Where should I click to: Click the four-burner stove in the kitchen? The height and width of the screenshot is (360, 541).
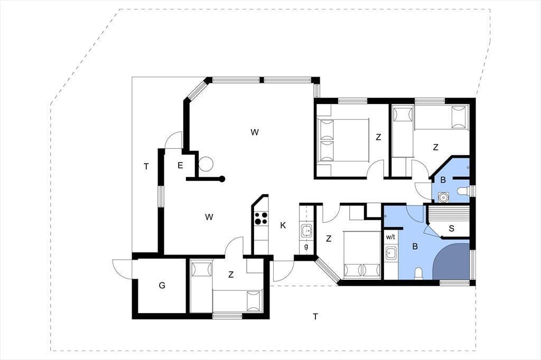pyautogui.click(x=261, y=218)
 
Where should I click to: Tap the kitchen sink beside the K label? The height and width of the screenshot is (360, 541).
pyautogui.click(x=306, y=231)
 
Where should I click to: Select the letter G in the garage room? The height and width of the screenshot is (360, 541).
pyautogui.click(x=162, y=286)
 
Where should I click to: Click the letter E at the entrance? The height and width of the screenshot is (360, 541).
pyautogui.click(x=180, y=166)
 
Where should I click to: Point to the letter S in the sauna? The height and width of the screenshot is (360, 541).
pyautogui.click(x=451, y=228)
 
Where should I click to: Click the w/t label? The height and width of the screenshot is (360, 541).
pyautogui.click(x=390, y=237)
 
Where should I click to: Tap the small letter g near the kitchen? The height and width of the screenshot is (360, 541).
pyautogui.click(x=306, y=247)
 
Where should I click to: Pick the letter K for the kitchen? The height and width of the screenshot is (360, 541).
pyautogui.click(x=283, y=225)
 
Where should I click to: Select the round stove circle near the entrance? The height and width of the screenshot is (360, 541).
pyautogui.click(x=207, y=164)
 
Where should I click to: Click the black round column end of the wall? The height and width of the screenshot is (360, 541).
pyautogui.click(x=222, y=179)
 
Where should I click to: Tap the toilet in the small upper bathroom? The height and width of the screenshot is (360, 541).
pyautogui.click(x=463, y=191)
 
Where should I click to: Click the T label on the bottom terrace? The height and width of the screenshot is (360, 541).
pyautogui.click(x=315, y=317)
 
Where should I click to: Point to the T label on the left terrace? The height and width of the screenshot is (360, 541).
pyautogui.click(x=146, y=167)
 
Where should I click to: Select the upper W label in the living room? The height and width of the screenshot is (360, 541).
pyautogui.click(x=255, y=132)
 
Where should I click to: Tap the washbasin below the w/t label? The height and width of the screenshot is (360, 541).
pyautogui.click(x=391, y=253)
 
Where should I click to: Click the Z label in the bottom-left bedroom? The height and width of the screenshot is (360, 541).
pyautogui.click(x=231, y=275)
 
